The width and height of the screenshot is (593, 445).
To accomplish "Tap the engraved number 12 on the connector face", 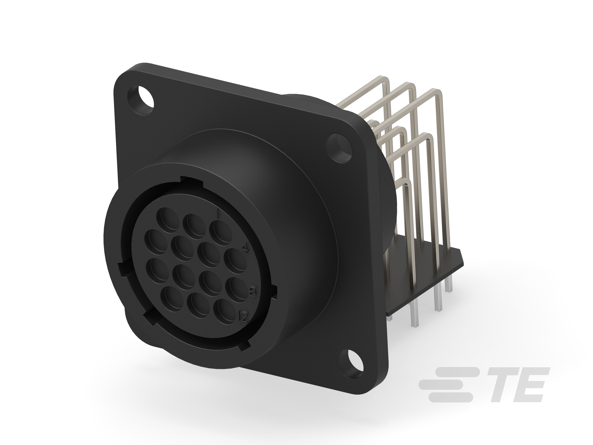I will pyautogui.click(x=243, y=317).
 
